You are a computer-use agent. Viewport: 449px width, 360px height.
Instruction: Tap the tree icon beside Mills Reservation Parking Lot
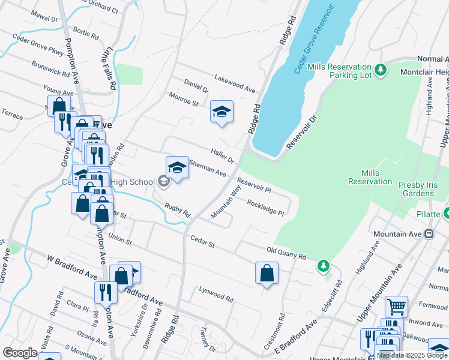point(381,71)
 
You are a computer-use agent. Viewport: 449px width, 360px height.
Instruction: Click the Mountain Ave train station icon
point(429,233)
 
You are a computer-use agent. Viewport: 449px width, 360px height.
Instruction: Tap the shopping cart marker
point(396,306)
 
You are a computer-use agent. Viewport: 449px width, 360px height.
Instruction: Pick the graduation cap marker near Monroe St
point(221,112)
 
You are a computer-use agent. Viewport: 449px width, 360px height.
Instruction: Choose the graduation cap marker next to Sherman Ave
point(177,168)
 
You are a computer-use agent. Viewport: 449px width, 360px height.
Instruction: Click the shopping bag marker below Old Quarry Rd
point(267,273)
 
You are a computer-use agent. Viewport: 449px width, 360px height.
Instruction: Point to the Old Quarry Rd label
point(286,252)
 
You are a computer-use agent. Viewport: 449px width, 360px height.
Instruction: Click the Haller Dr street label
point(222,156)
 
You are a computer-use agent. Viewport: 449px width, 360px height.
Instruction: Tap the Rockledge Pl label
point(265,207)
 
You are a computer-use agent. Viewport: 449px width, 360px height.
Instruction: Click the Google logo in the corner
point(20,353)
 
